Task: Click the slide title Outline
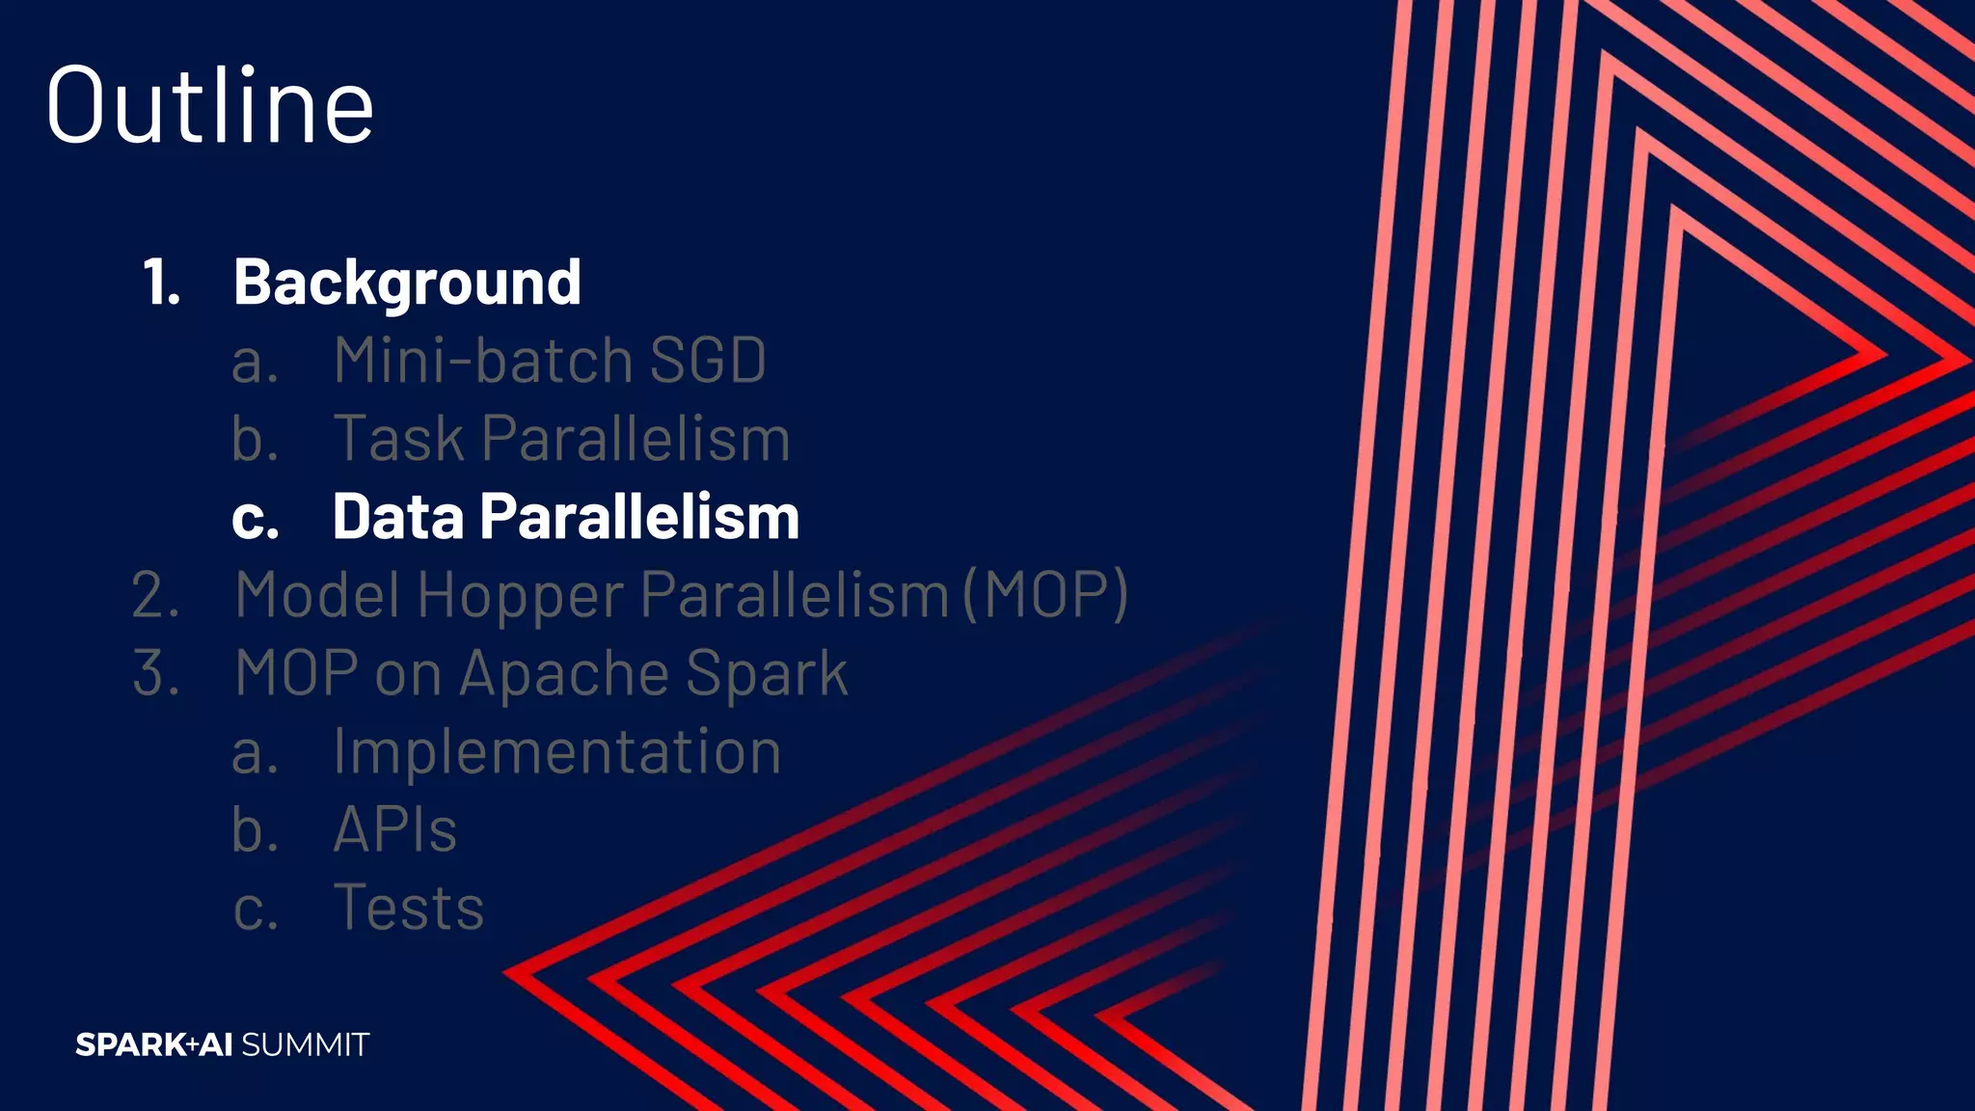(x=209, y=106)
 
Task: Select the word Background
(x=407, y=283)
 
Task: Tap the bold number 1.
(x=160, y=283)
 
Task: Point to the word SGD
(x=708, y=361)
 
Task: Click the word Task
(x=398, y=439)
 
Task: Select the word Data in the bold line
(x=398, y=517)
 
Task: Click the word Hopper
(x=521, y=596)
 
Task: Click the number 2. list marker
(x=155, y=595)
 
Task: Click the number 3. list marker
(x=155, y=673)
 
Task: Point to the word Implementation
(x=556, y=751)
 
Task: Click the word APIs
(x=394, y=829)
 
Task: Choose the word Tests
(x=408, y=908)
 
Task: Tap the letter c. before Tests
(x=255, y=909)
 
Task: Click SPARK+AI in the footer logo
(x=153, y=1044)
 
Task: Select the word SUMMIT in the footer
(x=305, y=1044)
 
